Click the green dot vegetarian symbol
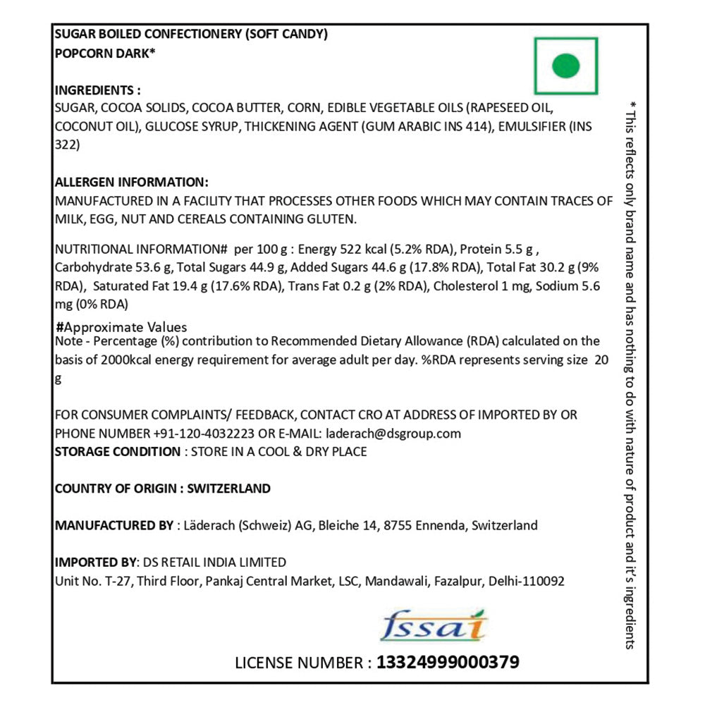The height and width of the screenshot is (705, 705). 565,66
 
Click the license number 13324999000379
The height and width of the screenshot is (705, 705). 448,663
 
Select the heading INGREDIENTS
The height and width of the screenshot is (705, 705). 97,91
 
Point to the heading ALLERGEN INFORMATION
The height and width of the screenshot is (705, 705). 131,181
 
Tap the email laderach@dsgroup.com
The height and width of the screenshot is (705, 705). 392,433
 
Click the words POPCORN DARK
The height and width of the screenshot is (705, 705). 104,53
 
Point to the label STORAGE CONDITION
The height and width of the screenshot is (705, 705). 118,451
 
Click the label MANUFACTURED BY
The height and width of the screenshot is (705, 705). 114,525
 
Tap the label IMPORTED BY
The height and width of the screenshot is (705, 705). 95,562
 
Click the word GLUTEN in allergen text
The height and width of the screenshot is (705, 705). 331,219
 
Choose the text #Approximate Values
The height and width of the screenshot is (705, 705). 121,327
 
